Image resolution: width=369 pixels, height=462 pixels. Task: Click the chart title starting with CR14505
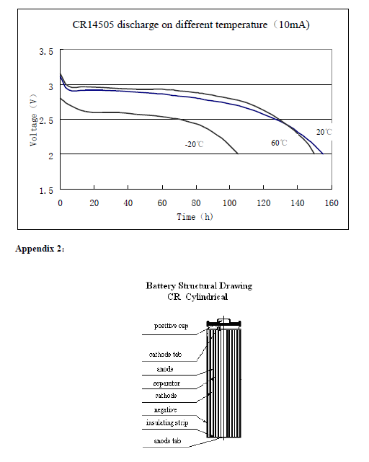click(191, 25)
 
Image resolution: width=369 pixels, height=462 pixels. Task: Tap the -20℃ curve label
click(194, 144)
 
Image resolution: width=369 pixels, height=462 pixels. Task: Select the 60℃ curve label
click(279, 143)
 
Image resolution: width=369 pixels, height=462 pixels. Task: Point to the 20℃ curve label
click(324, 132)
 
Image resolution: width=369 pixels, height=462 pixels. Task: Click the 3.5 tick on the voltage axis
click(46, 52)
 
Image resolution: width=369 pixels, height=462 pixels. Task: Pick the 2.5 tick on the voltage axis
click(46, 121)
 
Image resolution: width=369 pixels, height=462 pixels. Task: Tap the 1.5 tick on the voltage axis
click(46, 190)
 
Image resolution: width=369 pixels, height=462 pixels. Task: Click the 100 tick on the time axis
click(230, 203)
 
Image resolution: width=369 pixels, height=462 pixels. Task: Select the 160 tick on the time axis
click(332, 203)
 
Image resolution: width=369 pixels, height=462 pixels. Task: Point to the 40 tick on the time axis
click(128, 203)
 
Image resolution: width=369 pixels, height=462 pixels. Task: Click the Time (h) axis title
click(195, 217)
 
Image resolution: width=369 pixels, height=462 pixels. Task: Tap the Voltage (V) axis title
click(34, 120)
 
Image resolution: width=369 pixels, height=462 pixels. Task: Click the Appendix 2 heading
click(40, 249)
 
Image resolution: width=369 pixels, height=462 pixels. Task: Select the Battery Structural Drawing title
click(199, 286)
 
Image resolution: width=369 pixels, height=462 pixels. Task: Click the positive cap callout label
click(172, 326)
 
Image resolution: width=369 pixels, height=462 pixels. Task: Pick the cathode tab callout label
click(165, 354)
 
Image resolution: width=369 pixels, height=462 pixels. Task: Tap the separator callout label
click(166, 383)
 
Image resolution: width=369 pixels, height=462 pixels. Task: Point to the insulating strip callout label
click(167, 423)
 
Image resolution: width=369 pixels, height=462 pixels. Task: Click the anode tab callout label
click(167, 441)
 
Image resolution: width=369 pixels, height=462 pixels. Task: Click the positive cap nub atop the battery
click(223, 320)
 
